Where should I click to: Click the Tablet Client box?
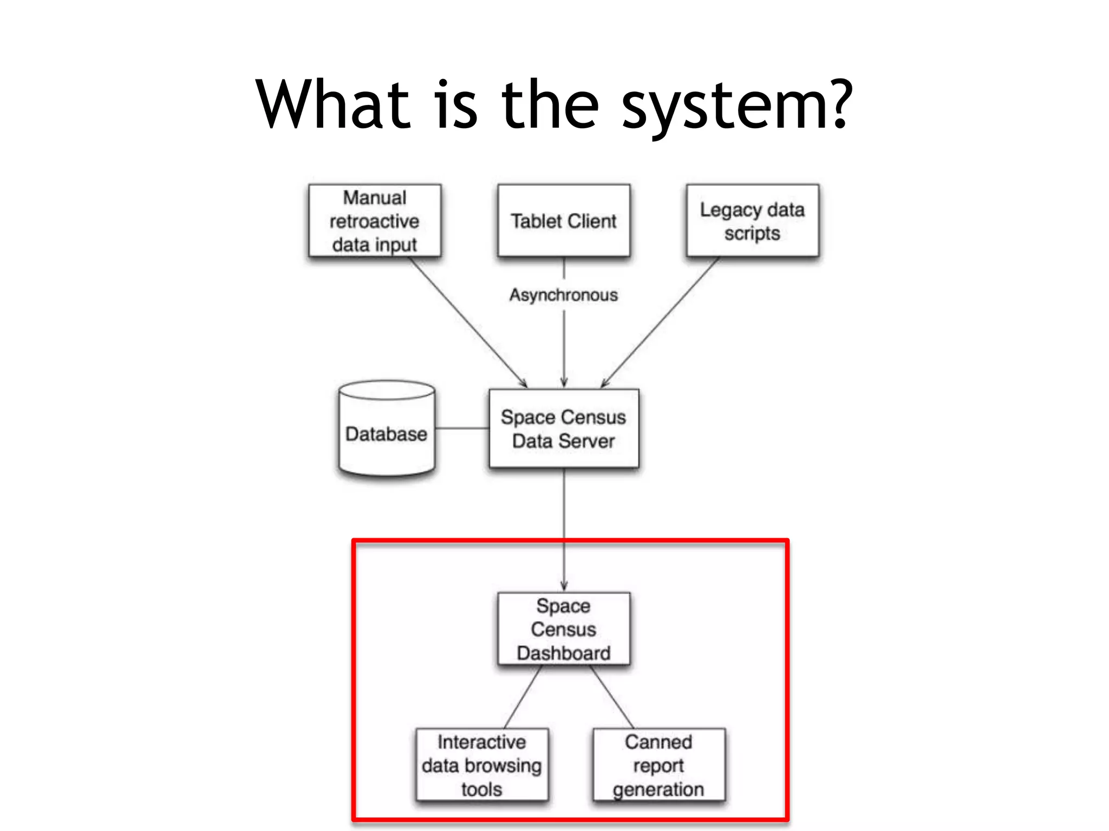564,221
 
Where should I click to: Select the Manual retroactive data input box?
375,221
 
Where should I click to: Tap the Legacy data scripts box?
752,221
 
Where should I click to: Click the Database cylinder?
387,433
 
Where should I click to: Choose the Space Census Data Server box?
564,428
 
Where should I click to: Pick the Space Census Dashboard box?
564,629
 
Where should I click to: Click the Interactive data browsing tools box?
482,765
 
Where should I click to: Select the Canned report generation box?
658,765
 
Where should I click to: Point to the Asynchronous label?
564,295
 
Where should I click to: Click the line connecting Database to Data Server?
462,428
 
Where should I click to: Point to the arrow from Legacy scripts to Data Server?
661,321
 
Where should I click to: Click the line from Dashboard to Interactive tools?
523,697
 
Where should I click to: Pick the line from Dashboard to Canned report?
612,697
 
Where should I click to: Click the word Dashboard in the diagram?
564,653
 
